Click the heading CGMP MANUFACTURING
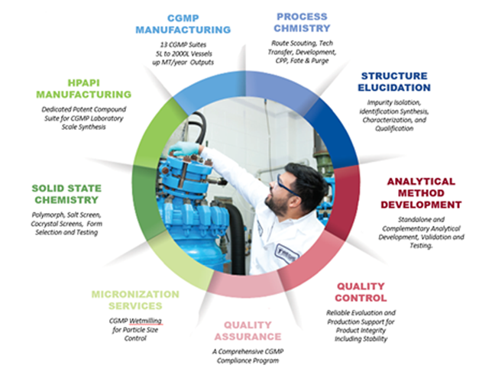(183, 24)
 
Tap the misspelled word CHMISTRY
(302, 28)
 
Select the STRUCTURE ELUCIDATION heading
(394, 82)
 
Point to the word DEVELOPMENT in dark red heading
(421, 205)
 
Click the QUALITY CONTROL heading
(361, 292)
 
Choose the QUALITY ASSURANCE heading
(248, 331)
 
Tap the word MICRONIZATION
(135, 294)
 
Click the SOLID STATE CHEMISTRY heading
(66, 194)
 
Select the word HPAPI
(84, 82)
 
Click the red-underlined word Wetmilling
(145, 321)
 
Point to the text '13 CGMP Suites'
(183, 44)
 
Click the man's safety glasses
(287, 186)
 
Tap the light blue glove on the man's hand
(184, 149)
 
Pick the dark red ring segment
(345, 202)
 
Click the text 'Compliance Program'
(248, 360)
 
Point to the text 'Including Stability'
(361, 339)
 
